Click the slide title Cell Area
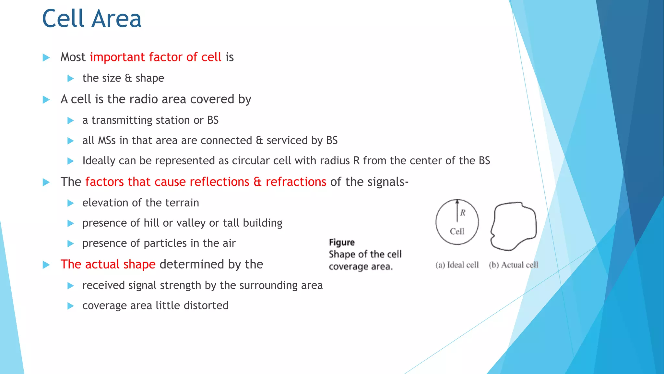92,19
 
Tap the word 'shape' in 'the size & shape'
150,78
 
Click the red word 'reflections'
219,182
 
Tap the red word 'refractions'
296,182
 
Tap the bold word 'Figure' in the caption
342,242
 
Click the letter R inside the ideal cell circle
463,213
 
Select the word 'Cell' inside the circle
457,231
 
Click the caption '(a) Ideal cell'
457,265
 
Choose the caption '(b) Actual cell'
514,265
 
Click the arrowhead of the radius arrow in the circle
457,201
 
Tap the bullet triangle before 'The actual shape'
46,265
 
